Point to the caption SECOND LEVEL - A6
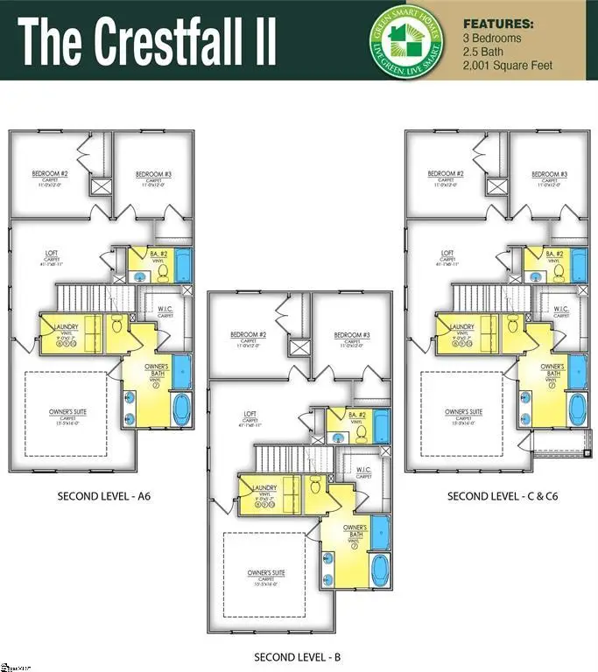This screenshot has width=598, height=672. click(x=104, y=496)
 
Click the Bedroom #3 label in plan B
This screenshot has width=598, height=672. click(x=351, y=335)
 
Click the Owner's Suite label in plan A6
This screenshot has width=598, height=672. click(x=68, y=411)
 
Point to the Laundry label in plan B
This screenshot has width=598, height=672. click(x=264, y=487)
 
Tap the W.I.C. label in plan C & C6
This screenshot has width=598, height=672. click(x=560, y=309)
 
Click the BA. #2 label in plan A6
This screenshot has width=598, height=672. click(x=158, y=254)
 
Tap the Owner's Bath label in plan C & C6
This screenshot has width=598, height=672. click(x=552, y=370)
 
